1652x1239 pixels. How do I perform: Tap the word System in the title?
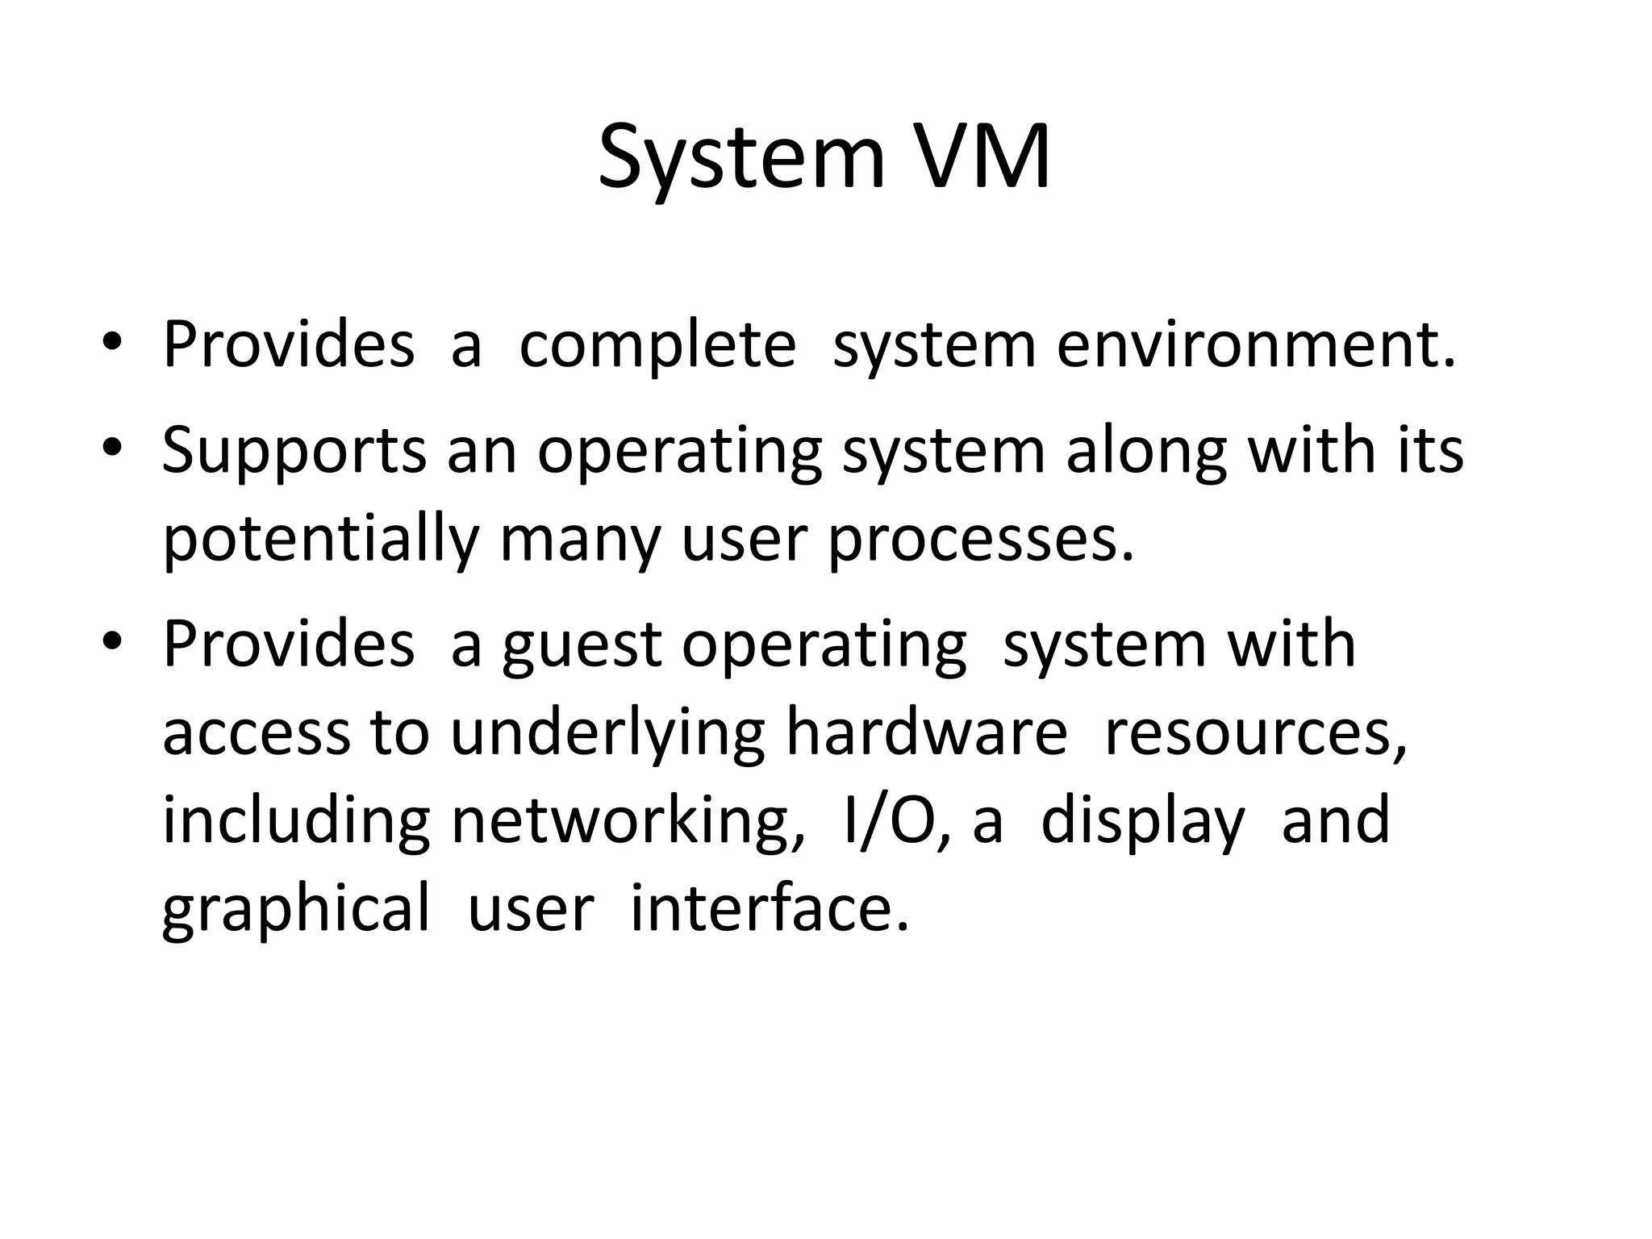pos(741,159)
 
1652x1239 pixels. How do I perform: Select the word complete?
pos(657,345)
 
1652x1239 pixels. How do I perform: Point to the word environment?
pos(1257,345)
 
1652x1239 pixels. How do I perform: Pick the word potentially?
pos(320,541)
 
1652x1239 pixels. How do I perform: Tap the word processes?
pos(981,541)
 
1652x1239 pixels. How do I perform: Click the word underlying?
pos(607,734)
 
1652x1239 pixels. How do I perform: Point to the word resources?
pos(1255,734)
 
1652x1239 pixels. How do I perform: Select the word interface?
pos(769,908)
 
